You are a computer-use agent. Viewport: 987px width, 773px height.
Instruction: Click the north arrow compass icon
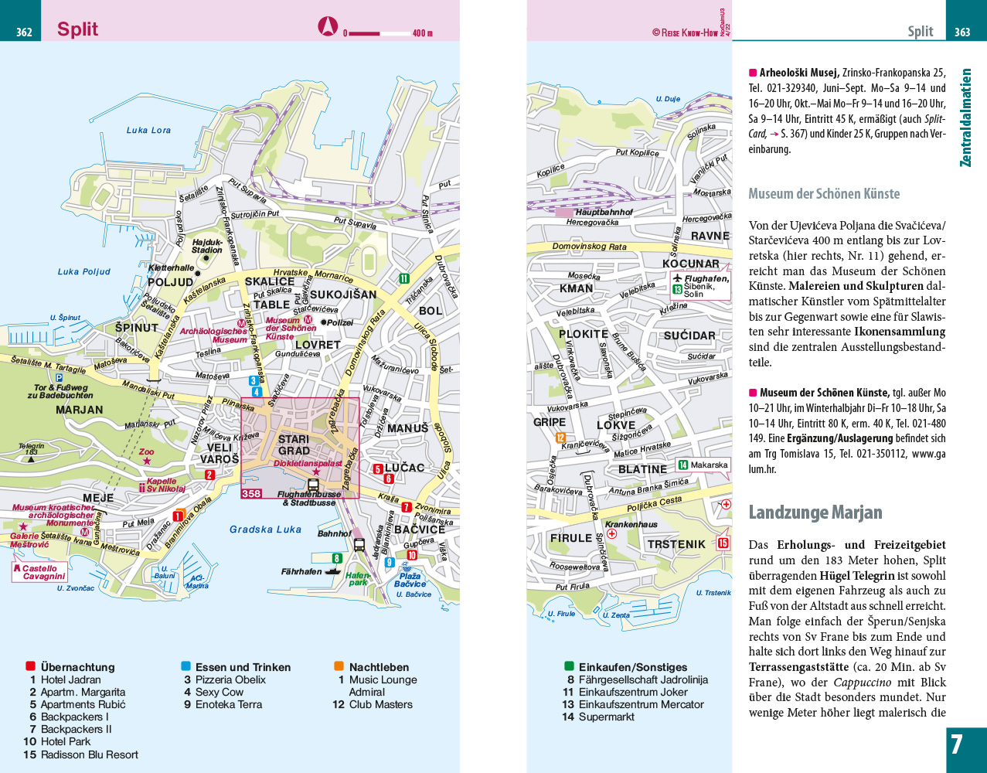[328, 27]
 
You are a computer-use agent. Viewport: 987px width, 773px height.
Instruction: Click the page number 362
[24, 32]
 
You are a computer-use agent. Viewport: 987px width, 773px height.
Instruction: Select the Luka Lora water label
[148, 131]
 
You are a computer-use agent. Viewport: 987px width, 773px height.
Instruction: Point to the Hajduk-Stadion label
[206, 247]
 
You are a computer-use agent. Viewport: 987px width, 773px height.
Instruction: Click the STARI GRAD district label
[294, 445]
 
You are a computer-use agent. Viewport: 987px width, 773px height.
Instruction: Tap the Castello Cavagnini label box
[39, 572]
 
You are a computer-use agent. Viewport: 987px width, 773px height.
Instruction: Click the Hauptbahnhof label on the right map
[603, 212]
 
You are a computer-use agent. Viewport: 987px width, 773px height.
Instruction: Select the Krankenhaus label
[631, 524]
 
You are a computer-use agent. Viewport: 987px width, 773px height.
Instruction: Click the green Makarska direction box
[703, 465]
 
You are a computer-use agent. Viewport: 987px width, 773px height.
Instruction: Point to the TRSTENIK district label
[676, 544]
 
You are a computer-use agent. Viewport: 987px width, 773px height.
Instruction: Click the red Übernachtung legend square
[30, 666]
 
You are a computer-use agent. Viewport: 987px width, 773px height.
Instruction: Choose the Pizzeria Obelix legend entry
[230, 679]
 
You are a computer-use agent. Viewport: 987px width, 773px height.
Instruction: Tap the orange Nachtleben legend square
[339, 666]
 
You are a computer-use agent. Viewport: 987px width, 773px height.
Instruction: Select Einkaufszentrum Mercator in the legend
[641, 704]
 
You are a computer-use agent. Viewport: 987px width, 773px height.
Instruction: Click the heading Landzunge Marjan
[815, 512]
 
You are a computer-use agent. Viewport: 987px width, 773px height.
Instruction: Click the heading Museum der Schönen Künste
[824, 194]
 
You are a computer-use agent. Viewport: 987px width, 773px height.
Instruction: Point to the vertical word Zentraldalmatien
[965, 117]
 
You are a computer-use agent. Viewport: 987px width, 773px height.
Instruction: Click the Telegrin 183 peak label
[32, 449]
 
